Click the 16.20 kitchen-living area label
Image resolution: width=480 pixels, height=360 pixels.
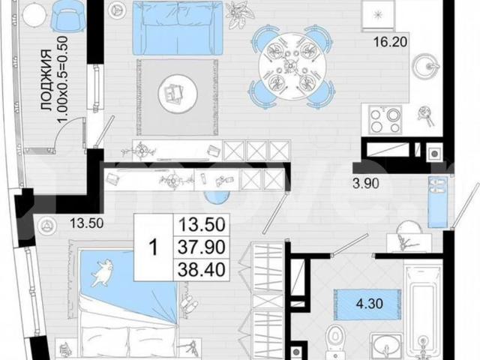coord(390,42)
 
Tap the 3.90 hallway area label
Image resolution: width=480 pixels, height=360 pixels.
coord(366,184)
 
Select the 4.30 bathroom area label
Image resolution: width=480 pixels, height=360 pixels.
coord(370,304)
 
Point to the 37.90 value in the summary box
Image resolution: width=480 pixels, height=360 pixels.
coord(202,247)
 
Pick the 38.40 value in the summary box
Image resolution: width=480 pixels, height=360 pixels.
coord(202,270)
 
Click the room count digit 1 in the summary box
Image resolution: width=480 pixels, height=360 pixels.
coord(153,247)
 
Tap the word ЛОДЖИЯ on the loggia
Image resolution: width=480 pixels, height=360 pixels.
coord(46,80)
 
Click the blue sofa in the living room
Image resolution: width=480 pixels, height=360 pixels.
coord(178,28)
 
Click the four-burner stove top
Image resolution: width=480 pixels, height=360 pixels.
coord(385,120)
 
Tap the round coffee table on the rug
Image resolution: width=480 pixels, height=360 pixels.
coord(178,93)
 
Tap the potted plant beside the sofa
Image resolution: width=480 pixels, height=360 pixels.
coord(237,15)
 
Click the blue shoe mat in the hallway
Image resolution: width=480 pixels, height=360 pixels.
coord(437,202)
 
